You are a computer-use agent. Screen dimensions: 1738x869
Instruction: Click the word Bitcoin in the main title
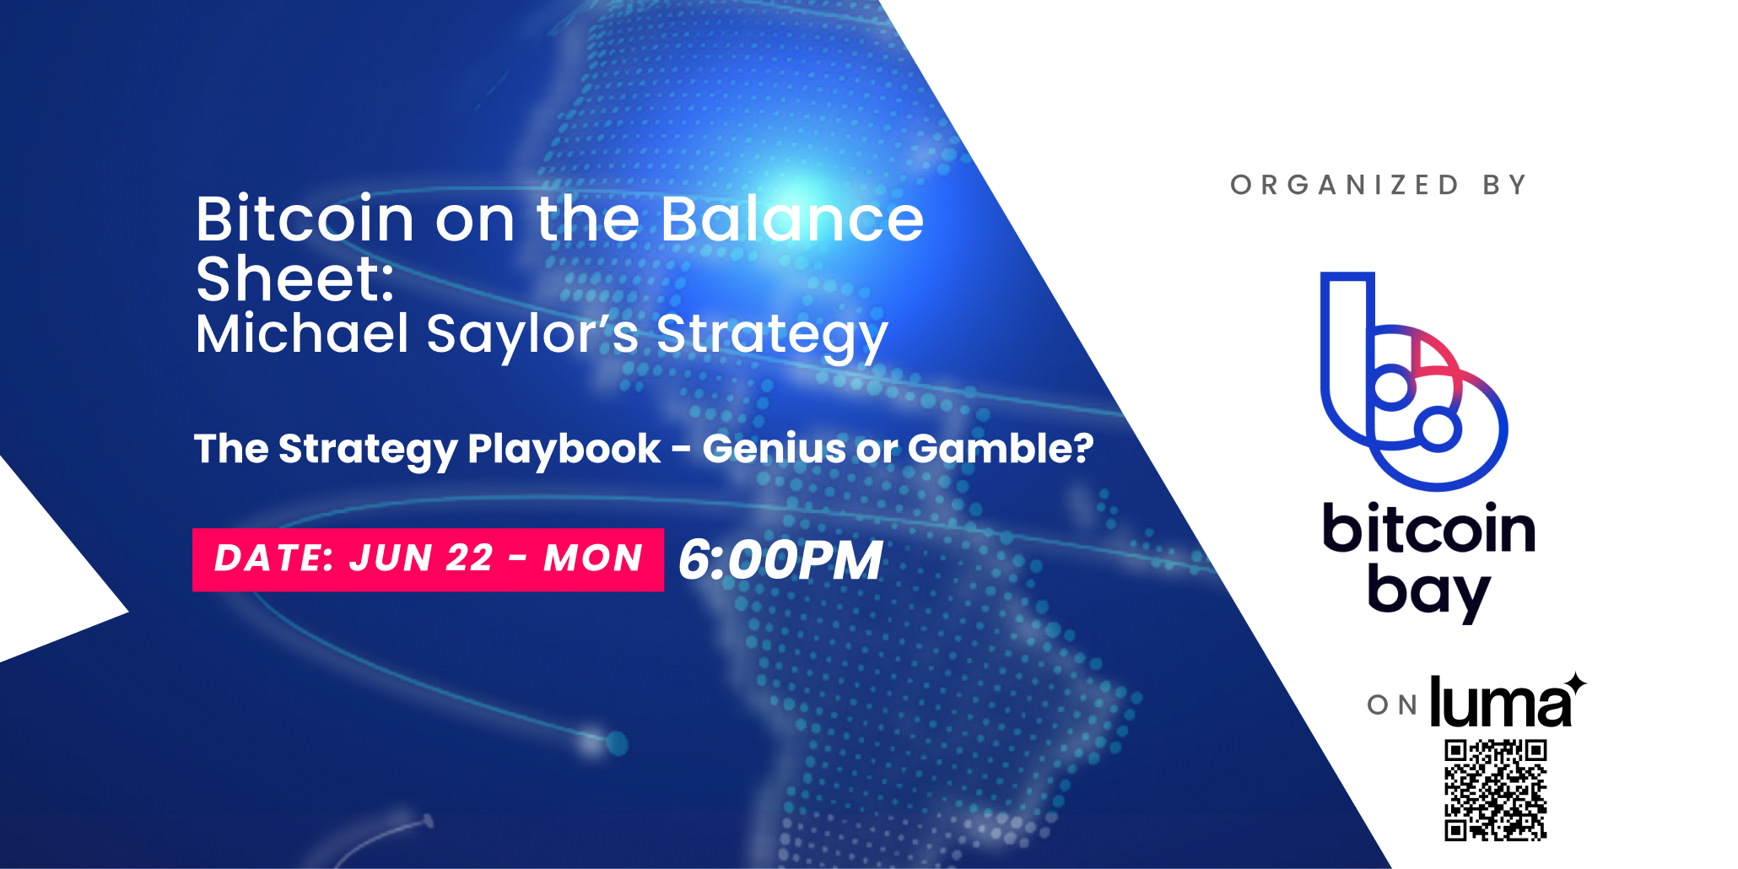(x=305, y=219)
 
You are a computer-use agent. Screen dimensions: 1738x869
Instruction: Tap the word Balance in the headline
(x=792, y=219)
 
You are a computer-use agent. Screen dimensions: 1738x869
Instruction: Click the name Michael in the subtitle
(x=302, y=333)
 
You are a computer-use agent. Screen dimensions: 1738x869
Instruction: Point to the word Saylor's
(x=533, y=336)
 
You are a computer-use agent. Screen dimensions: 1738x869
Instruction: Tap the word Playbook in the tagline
(x=564, y=450)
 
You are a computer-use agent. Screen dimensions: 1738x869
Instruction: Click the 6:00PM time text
(x=780, y=559)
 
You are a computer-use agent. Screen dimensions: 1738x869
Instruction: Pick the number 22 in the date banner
(x=468, y=559)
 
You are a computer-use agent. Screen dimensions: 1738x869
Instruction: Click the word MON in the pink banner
(x=593, y=559)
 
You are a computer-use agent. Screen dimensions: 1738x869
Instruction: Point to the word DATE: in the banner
(x=274, y=559)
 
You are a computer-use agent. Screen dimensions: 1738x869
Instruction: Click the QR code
(x=1495, y=791)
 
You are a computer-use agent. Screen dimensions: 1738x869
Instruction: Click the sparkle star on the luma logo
(x=1574, y=683)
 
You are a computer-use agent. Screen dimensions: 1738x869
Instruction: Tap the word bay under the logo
(x=1428, y=591)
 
